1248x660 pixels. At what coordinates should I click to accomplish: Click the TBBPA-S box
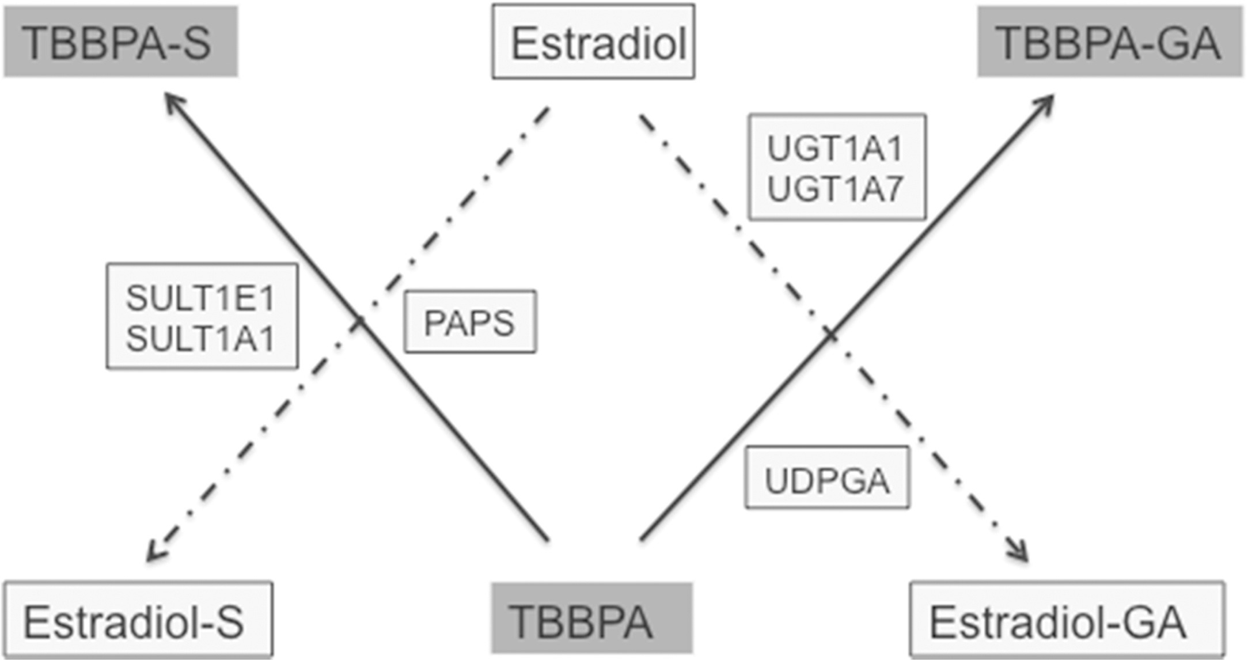pyautogui.click(x=120, y=41)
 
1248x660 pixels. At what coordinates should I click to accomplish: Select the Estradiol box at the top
pyautogui.click(x=593, y=41)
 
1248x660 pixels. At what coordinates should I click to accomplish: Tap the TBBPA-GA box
pyautogui.click(x=1109, y=41)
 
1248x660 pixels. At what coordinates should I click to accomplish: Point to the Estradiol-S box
pyautogui.click(x=138, y=620)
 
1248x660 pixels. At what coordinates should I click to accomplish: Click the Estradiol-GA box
pyautogui.click(x=1067, y=620)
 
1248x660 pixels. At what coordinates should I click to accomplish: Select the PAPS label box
pyautogui.click(x=470, y=321)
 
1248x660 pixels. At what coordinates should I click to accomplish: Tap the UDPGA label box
pyautogui.click(x=827, y=478)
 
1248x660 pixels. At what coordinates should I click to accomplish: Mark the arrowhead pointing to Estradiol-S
pyautogui.click(x=153, y=555)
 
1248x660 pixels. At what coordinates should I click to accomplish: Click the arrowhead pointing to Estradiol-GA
pyautogui.click(x=1022, y=555)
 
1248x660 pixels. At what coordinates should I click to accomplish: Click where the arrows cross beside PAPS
pyautogui.click(x=358, y=321)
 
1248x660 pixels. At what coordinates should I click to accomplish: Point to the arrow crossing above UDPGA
pyautogui.click(x=829, y=334)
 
